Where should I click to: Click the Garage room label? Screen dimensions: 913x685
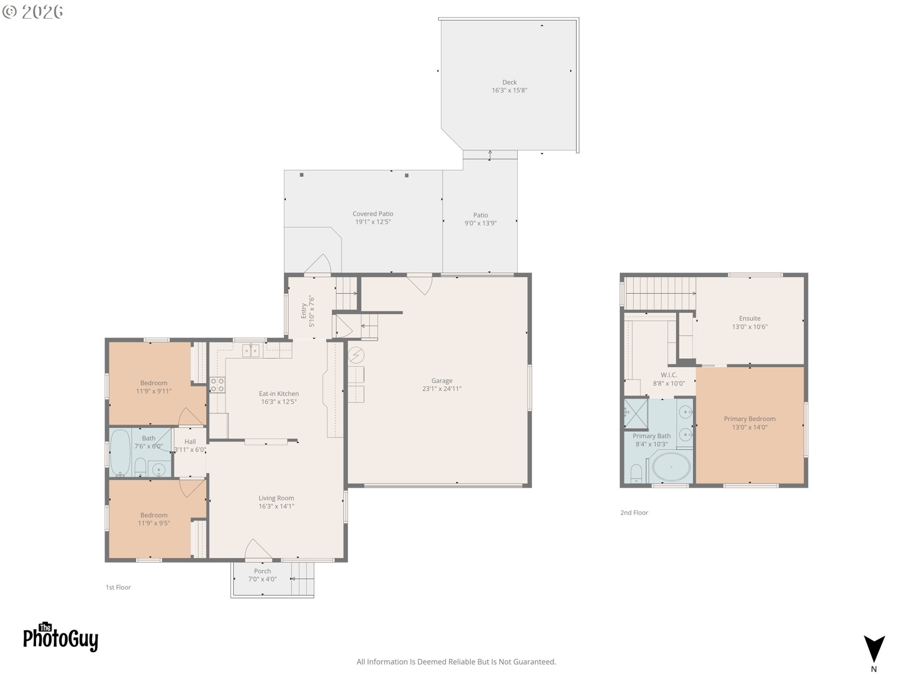(x=442, y=381)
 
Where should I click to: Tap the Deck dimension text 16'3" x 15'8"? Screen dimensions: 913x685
(x=509, y=90)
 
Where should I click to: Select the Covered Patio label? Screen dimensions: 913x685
(x=373, y=214)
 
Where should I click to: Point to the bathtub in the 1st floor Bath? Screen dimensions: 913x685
(x=120, y=452)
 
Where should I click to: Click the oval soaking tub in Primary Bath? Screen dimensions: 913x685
(x=671, y=467)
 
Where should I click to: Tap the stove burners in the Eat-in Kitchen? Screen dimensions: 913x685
(x=217, y=385)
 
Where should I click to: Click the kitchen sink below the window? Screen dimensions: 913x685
(x=251, y=351)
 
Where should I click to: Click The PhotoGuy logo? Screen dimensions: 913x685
(x=60, y=637)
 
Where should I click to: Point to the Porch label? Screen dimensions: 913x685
(x=262, y=571)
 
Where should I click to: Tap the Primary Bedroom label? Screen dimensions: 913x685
(x=749, y=419)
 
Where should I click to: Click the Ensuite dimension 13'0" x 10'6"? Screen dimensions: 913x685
(x=749, y=327)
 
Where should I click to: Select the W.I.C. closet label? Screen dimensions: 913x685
(x=669, y=375)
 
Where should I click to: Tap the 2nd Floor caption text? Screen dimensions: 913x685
(x=634, y=512)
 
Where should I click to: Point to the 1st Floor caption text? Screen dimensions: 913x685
(x=118, y=587)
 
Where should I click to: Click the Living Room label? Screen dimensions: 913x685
(x=276, y=498)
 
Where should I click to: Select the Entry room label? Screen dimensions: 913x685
(x=304, y=311)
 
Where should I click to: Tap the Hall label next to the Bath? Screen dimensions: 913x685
(x=190, y=441)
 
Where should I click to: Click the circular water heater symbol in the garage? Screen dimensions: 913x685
(x=356, y=355)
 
